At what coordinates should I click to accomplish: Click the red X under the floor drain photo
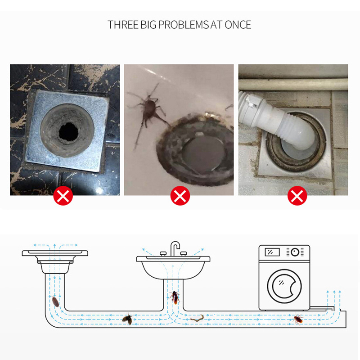pyautogui.click(x=63, y=196)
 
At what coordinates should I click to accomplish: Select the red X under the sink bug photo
pyautogui.click(x=180, y=196)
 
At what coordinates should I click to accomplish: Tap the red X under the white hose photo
pyautogui.click(x=297, y=196)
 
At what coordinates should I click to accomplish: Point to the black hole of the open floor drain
pyautogui.click(x=68, y=132)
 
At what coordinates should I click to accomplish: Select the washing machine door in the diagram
pyautogui.click(x=284, y=286)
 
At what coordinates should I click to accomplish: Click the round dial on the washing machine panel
pyautogui.click(x=295, y=252)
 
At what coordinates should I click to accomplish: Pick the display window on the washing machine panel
pyautogui.click(x=272, y=252)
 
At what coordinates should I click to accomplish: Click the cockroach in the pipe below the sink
pyautogui.click(x=175, y=297)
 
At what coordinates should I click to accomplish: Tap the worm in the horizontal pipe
pyautogui.click(x=197, y=318)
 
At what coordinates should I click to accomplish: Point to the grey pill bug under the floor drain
pyautogui.click(x=55, y=301)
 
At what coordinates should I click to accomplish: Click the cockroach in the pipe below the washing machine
pyautogui.click(x=298, y=319)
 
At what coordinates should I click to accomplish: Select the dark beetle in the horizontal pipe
pyautogui.click(x=127, y=319)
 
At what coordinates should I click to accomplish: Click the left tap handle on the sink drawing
pyautogui.click(x=163, y=253)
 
